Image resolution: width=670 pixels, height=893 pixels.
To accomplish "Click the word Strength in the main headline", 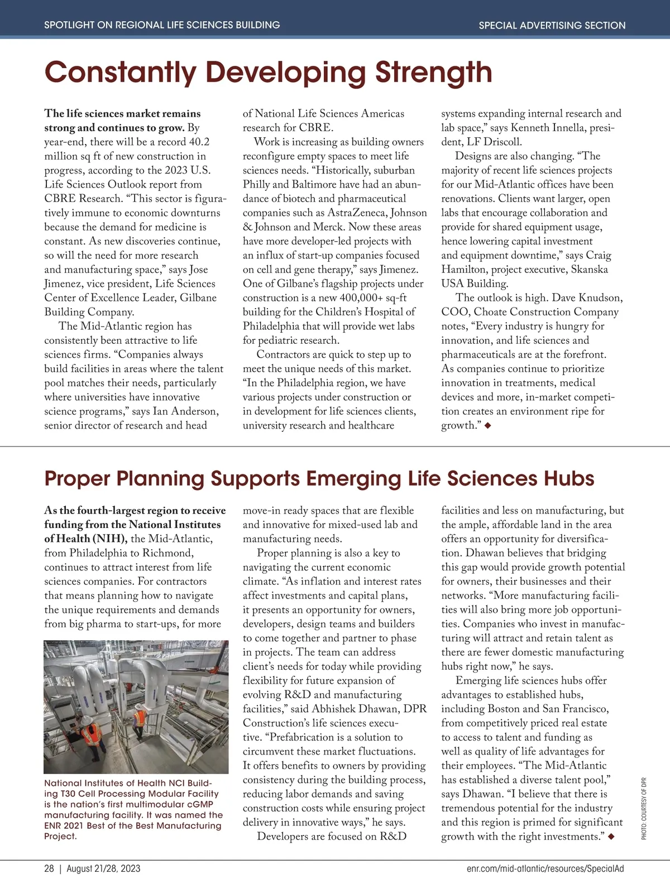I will [433, 73].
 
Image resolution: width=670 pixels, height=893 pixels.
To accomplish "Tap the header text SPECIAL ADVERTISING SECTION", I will [552, 25].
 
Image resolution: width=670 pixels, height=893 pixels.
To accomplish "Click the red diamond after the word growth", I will [488, 426].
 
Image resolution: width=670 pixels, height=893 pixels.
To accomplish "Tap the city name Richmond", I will [167, 553].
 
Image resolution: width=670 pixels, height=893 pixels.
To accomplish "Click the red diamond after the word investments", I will [611, 836].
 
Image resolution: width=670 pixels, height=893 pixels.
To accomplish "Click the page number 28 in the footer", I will [49, 868].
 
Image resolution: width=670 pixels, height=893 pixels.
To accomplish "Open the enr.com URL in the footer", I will [545, 868].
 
